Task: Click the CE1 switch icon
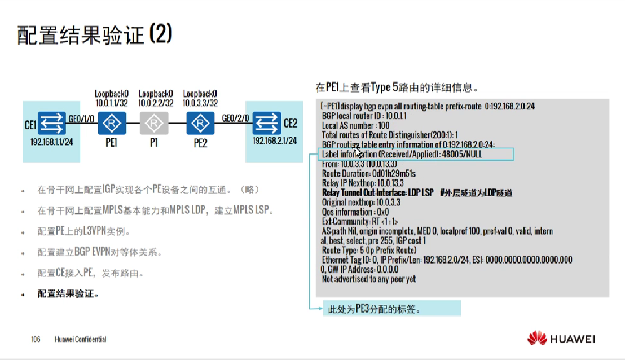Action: [x=54, y=122]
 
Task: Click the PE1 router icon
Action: [x=111, y=124]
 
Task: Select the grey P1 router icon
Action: [x=153, y=124]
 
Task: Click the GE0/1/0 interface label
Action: [x=81, y=118]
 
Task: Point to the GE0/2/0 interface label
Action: [x=236, y=118]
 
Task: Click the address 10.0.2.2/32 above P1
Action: [x=155, y=103]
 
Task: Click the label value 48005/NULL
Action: [x=462, y=154]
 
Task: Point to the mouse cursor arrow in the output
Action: [x=358, y=152]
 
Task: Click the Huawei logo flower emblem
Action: [x=537, y=339]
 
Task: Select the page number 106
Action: [x=36, y=340]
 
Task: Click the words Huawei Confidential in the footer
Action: [x=81, y=340]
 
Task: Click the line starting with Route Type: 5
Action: [x=369, y=250]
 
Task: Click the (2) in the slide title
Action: [x=160, y=34]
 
